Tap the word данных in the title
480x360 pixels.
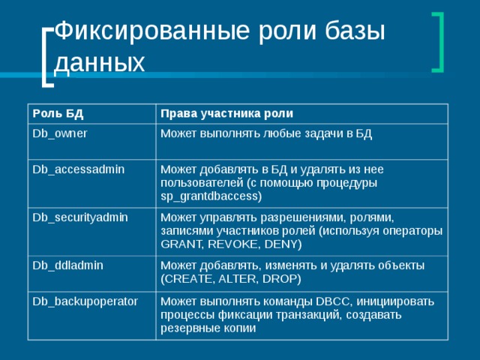tap(100, 62)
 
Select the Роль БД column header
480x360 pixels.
tap(57, 113)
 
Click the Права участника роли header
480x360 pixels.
tap(226, 113)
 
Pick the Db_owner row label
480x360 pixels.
tap(59, 133)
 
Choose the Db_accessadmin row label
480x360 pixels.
tap(77, 170)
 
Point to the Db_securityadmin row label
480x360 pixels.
tap(79, 217)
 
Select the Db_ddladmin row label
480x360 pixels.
tap(67, 265)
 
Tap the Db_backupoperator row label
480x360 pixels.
tap(84, 301)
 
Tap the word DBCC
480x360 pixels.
tap(332, 301)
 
